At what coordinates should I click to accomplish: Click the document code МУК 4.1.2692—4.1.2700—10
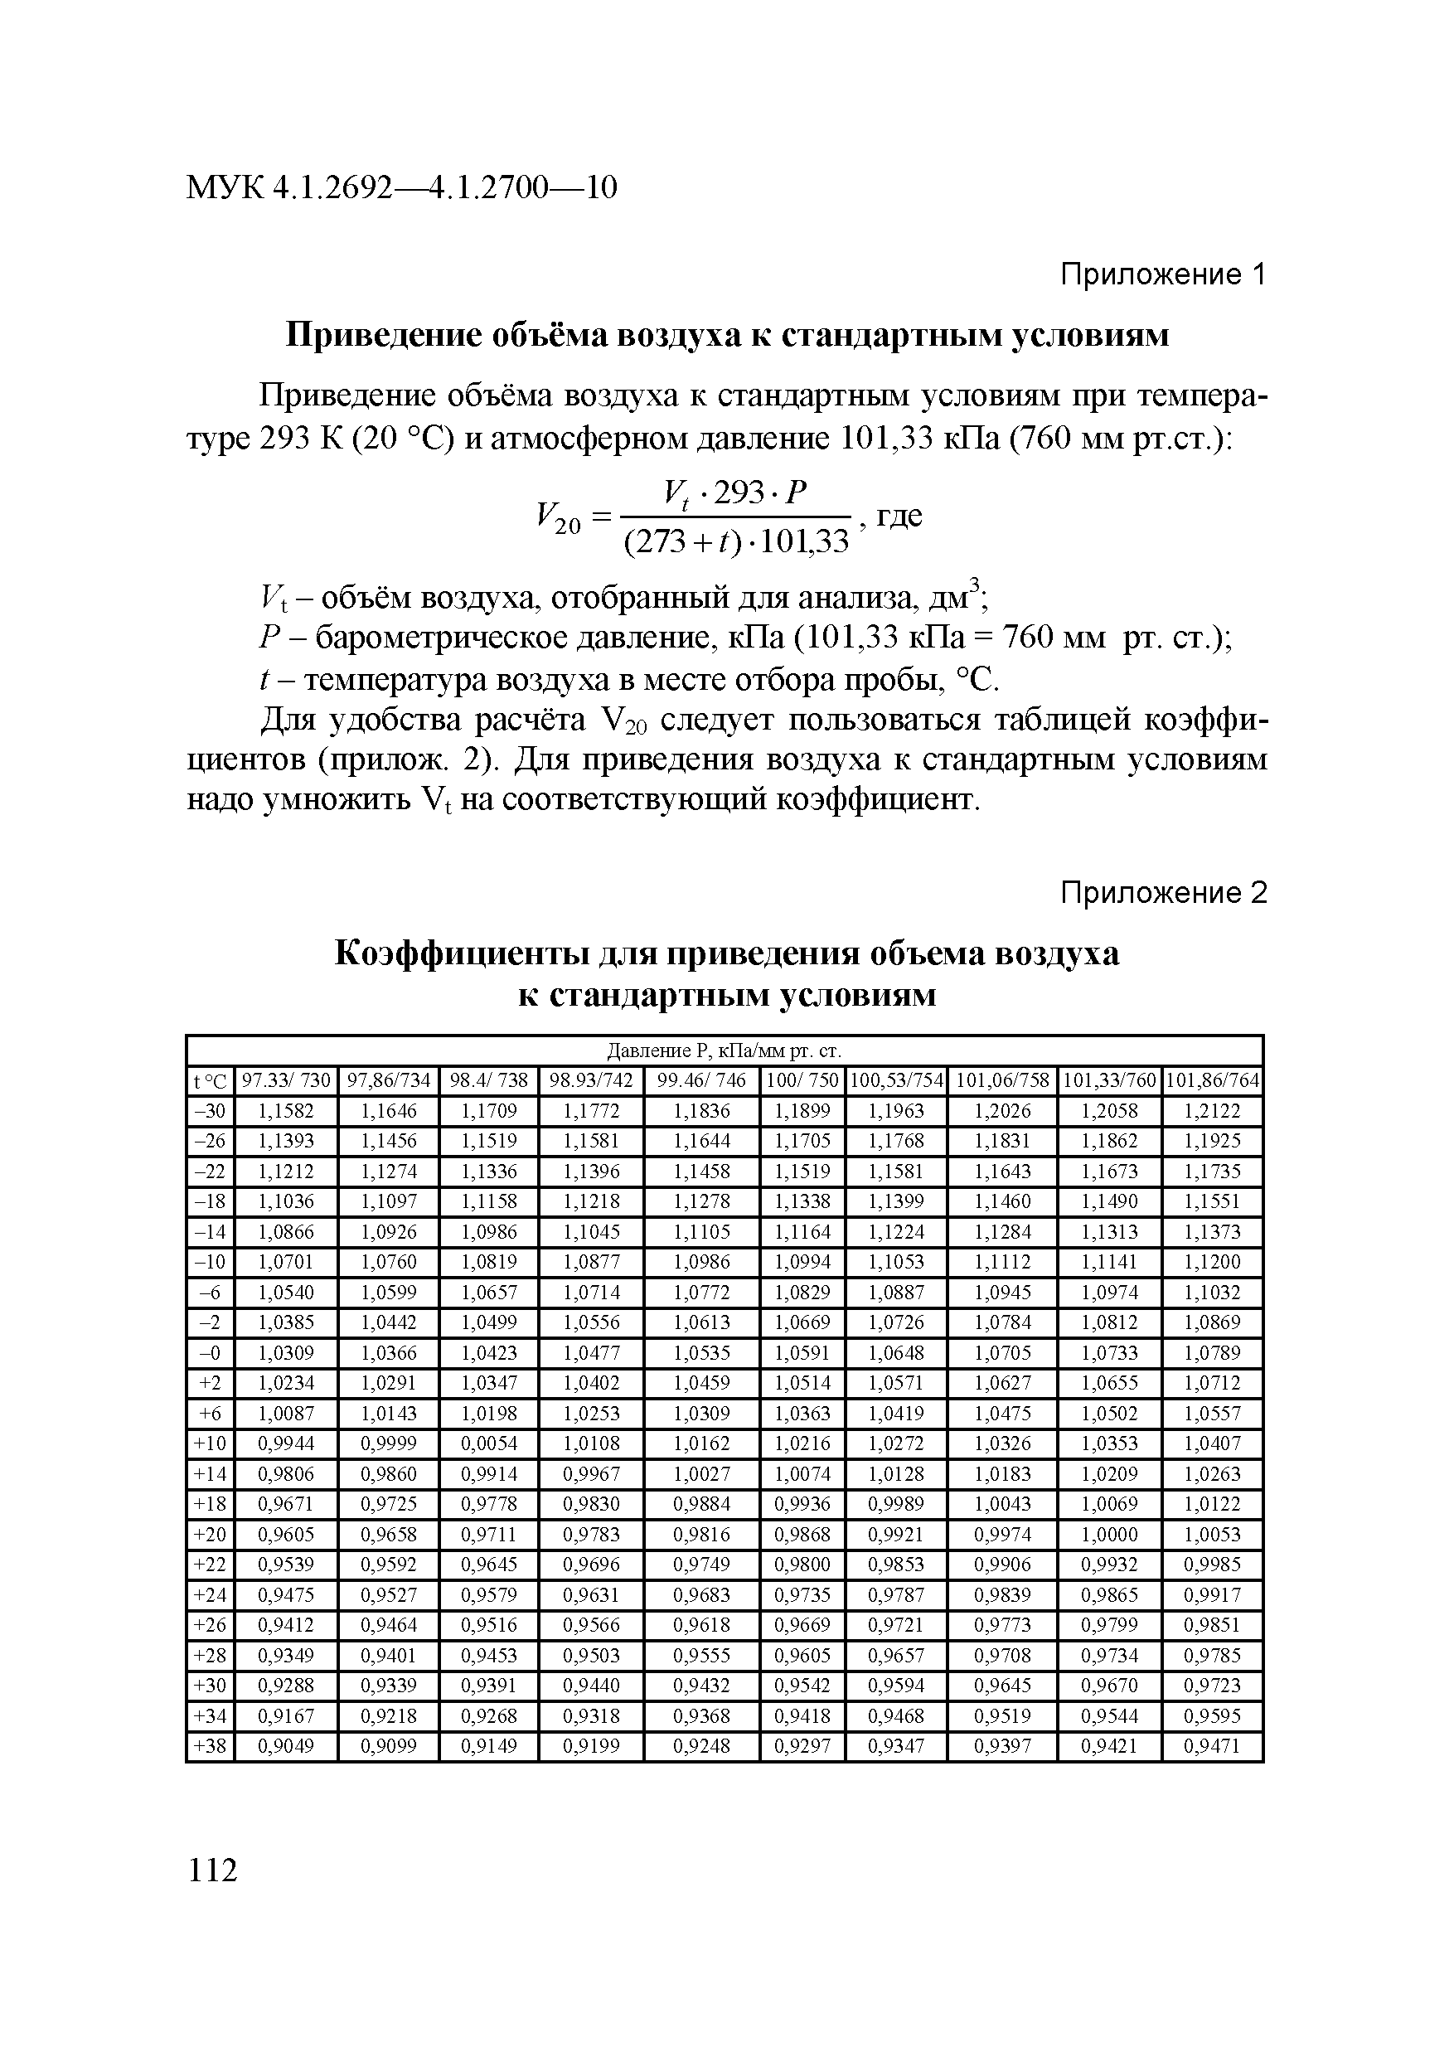[x=401, y=188]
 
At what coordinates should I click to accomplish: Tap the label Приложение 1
[x=1163, y=274]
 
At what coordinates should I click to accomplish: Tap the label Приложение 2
[x=1163, y=892]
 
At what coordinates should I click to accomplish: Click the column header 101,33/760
[x=1109, y=1080]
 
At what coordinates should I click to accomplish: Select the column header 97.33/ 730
[x=286, y=1080]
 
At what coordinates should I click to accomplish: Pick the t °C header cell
[x=210, y=1081]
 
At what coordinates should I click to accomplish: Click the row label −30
[x=210, y=1111]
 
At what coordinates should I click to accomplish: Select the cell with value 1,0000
[x=1109, y=1535]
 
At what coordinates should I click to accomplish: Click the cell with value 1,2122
[x=1212, y=1111]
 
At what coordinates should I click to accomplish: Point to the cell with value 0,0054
[x=488, y=1443]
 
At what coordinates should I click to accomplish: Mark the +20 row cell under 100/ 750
[x=802, y=1535]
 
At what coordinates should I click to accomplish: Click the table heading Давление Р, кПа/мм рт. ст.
[x=724, y=1050]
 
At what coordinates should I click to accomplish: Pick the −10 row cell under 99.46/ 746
[x=701, y=1261]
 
